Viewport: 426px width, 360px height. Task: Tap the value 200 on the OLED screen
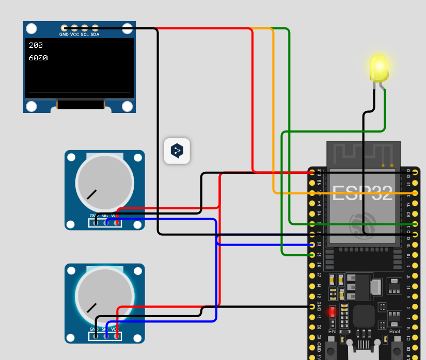(36, 45)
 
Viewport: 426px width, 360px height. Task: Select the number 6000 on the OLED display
(38, 58)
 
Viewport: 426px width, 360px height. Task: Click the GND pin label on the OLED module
(64, 34)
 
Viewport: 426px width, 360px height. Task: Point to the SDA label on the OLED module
(95, 34)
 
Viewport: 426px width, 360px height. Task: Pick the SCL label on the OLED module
(85, 34)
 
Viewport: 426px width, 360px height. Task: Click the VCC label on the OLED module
(74, 34)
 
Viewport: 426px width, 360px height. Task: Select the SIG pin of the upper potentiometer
(106, 222)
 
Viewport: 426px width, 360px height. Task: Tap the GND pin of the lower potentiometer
(96, 336)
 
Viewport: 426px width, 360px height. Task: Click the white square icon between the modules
(177, 151)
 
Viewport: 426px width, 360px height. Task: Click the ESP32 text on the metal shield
(362, 193)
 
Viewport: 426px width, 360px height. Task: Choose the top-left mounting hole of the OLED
(31, 29)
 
